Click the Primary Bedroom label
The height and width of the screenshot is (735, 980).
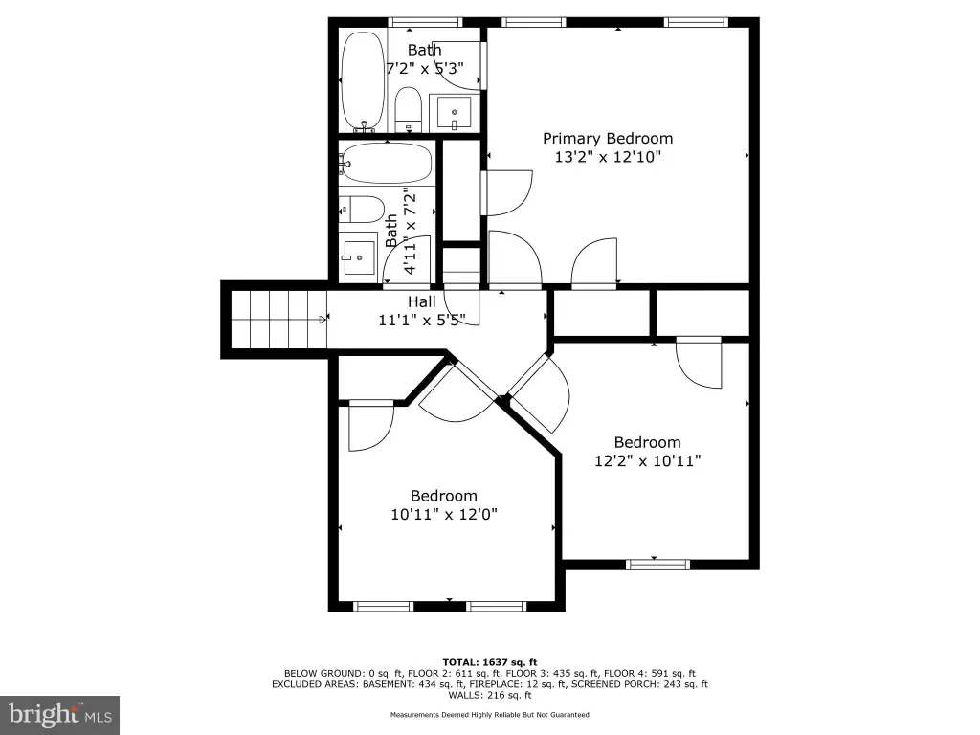tap(608, 139)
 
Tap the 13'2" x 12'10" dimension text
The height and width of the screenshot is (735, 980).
tap(608, 157)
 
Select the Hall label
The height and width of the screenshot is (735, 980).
tap(422, 301)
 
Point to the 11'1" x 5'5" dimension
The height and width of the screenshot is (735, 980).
tap(422, 320)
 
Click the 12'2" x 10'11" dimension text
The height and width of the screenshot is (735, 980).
tap(648, 461)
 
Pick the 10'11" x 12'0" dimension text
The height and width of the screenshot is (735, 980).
tap(444, 514)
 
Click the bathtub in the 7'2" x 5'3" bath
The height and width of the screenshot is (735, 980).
tap(363, 81)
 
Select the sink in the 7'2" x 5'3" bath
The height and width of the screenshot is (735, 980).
tap(455, 114)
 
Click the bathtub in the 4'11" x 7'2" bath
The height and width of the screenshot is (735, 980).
tap(387, 163)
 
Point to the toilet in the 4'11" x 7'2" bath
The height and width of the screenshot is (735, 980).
tap(361, 210)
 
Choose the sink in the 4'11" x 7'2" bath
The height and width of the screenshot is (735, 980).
tap(358, 256)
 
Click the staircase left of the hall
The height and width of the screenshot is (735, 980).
tap(278, 320)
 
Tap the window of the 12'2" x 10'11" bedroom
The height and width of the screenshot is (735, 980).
tap(658, 565)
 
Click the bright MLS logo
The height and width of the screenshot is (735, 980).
tap(60, 715)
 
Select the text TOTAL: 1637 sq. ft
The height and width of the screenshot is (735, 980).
tap(490, 662)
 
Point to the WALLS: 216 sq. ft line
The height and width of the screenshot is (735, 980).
tap(490, 695)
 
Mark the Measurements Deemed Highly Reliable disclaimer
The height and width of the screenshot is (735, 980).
tap(490, 714)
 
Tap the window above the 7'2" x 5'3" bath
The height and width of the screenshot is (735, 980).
tap(425, 23)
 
